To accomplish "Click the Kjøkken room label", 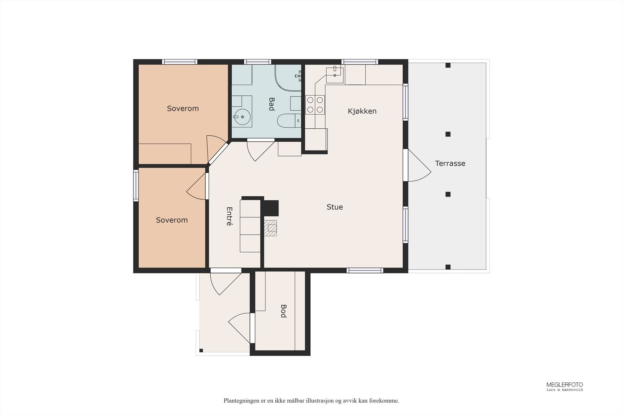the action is click(x=362, y=111).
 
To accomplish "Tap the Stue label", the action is click(x=334, y=207).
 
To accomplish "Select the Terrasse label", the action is click(x=450, y=163).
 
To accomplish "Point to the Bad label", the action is click(x=271, y=104).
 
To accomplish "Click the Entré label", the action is click(x=229, y=216).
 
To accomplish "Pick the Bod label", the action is click(x=283, y=311).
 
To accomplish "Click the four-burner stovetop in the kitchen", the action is click(x=315, y=105).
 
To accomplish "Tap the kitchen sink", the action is click(x=335, y=75).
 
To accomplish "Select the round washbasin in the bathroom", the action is click(x=242, y=117).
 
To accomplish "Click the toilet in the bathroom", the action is click(x=289, y=121).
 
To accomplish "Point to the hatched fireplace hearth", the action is click(x=270, y=228).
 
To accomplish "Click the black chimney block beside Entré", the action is click(x=271, y=208).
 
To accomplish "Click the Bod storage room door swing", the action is click(x=239, y=328).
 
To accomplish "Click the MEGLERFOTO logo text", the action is click(x=565, y=385).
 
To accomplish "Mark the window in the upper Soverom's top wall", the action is click(x=180, y=62).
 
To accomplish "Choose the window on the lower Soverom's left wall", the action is click(x=136, y=186).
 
